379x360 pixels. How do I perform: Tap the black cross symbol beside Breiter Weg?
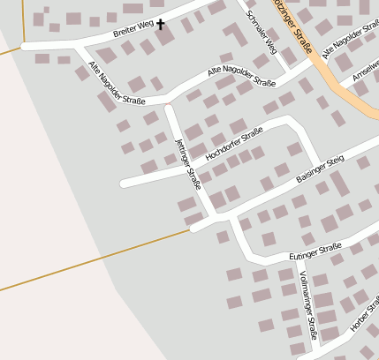click(161, 25)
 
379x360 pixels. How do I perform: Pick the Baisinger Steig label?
click(319, 169)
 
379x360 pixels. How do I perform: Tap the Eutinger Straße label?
click(315, 254)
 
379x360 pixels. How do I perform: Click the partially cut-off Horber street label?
click(365, 319)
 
